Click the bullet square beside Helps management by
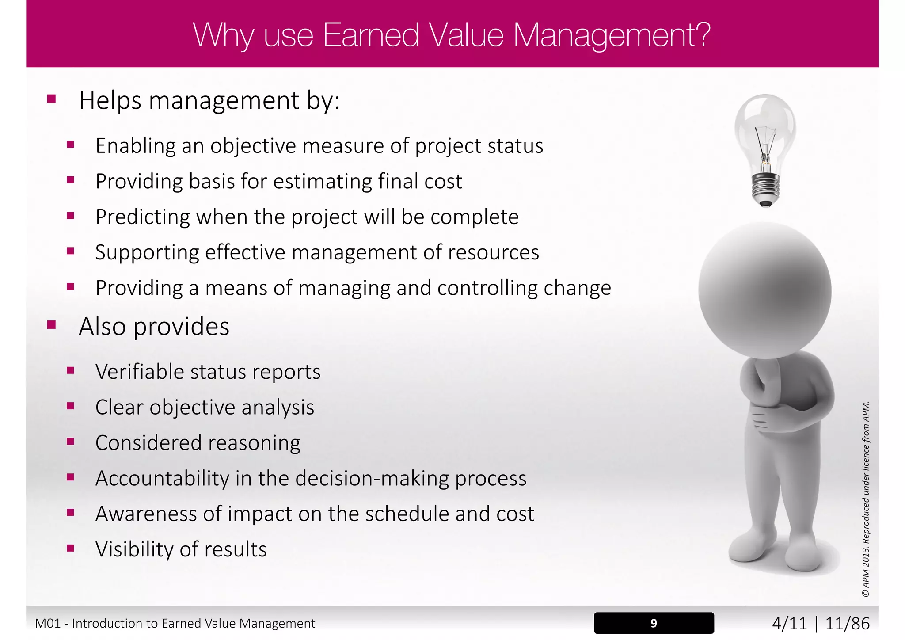(52, 99)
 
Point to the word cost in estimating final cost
(443, 182)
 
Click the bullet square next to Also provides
(52, 325)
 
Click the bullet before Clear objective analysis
(70, 406)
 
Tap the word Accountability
(162, 478)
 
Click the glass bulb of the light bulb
(765, 128)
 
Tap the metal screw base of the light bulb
(765, 188)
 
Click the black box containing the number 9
(654, 623)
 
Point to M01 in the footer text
(48, 624)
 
